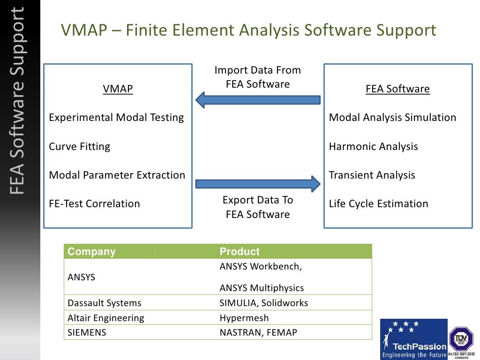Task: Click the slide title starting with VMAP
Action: coord(248,30)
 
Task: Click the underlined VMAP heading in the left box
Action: coord(118,89)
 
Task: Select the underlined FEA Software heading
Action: coord(397,89)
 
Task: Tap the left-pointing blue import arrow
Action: coord(258,99)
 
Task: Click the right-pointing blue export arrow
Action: coord(258,183)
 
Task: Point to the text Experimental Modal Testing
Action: coord(116,118)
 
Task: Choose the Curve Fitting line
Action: coord(80,147)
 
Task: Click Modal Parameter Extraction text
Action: coord(117,175)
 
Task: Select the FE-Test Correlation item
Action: coord(94,204)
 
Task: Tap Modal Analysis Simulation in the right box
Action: coord(392,118)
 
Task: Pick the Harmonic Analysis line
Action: coord(373,147)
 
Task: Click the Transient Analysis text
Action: coord(372,175)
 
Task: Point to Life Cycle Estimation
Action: coord(378,204)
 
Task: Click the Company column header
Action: coord(91,252)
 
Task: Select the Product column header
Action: coord(240,252)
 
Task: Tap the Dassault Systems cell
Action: coord(105,303)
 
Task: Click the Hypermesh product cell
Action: coord(244,318)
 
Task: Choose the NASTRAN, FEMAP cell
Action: coord(258,333)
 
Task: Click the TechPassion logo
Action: coord(413,339)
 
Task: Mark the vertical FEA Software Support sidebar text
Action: coord(19,101)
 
